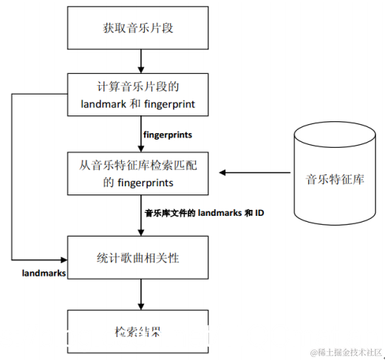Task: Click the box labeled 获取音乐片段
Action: tap(139, 29)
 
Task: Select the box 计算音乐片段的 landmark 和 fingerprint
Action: tap(139, 94)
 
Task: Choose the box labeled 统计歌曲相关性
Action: tap(139, 258)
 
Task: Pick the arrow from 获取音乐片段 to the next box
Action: tap(139, 61)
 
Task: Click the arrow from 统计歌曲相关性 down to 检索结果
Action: tap(139, 296)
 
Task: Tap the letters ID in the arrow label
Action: tap(259, 213)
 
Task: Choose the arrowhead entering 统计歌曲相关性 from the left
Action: tap(63, 259)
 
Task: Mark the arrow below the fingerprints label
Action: tap(139, 144)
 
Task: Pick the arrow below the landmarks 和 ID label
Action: tap(139, 225)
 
